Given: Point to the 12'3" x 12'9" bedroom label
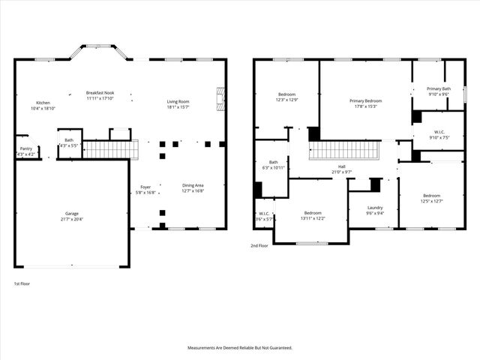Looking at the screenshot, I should click(x=286, y=97).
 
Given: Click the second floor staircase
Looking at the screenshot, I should click(x=345, y=150).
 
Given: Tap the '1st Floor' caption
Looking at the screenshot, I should click(x=22, y=283).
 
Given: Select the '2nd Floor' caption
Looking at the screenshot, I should click(x=259, y=245).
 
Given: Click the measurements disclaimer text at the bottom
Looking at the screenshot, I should click(x=239, y=348).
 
